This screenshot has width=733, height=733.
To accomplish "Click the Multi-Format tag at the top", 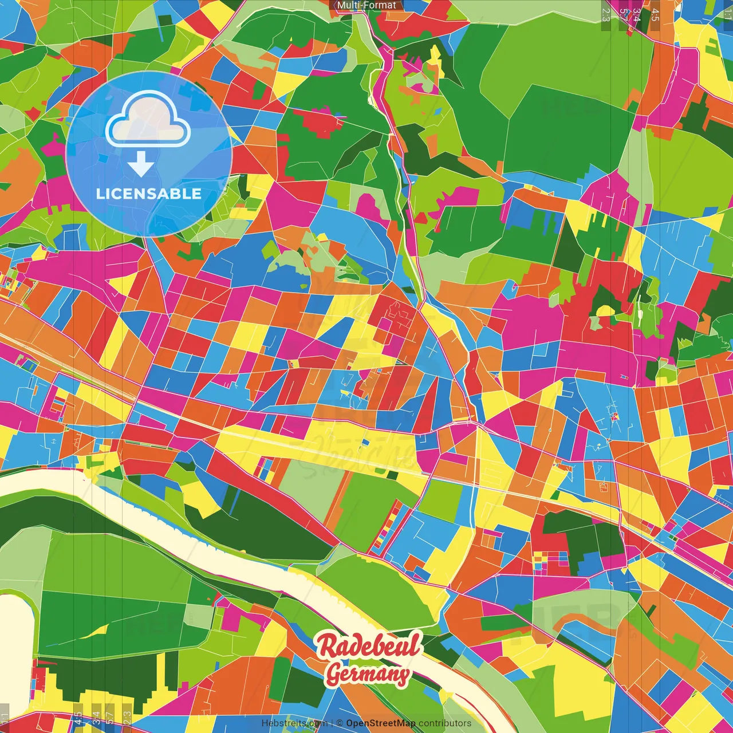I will pos(366,5).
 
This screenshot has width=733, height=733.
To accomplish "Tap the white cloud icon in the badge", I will pos(148,121).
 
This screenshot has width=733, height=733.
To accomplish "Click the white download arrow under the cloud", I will pos(141,164).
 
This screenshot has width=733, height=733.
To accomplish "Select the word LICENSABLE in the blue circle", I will pos(149,194).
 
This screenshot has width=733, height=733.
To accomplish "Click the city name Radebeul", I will pos(369,646).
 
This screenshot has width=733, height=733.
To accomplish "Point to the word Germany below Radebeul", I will pos(368,675).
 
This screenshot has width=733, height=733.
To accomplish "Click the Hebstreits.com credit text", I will pos(294,723).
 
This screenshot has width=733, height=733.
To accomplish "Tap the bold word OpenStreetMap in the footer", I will pos(381,723).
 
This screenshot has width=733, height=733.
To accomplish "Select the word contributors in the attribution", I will pos(445,723).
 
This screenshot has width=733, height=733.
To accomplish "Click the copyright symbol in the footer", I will pos(339,723).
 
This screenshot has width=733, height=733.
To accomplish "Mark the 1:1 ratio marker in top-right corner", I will pos(727,10).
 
